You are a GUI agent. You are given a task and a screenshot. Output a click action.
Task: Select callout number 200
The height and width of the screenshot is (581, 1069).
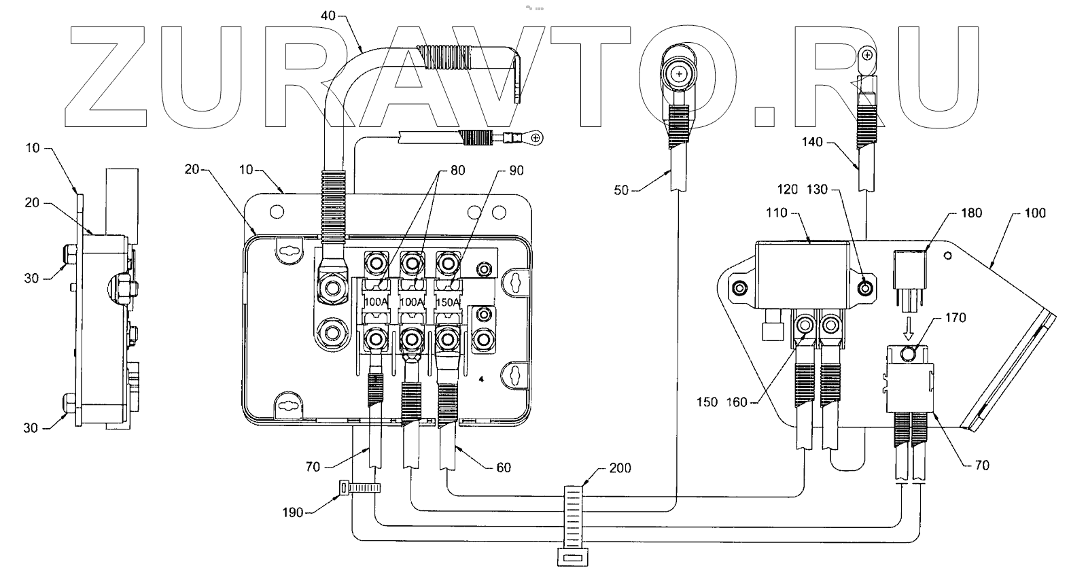click(620, 468)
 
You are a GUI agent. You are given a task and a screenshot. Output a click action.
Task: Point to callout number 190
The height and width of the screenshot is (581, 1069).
click(293, 512)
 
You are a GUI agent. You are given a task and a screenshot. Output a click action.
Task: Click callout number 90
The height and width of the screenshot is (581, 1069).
click(516, 171)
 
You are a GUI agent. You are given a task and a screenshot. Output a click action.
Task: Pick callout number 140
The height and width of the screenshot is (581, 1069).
click(811, 142)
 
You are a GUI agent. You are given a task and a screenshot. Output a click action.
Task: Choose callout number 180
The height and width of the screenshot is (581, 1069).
click(971, 213)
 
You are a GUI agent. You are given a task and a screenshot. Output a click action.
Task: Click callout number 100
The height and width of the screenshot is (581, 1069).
click(1036, 213)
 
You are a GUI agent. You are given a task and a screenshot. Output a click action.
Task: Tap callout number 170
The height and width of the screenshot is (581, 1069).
click(955, 317)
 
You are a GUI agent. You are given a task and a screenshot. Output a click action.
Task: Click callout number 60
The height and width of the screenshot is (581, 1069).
click(503, 468)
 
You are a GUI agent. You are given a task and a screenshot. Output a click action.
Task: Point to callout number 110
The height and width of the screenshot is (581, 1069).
click(775, 213)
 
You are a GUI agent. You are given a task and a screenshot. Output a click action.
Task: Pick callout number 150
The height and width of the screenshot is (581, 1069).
click(707, 402)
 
